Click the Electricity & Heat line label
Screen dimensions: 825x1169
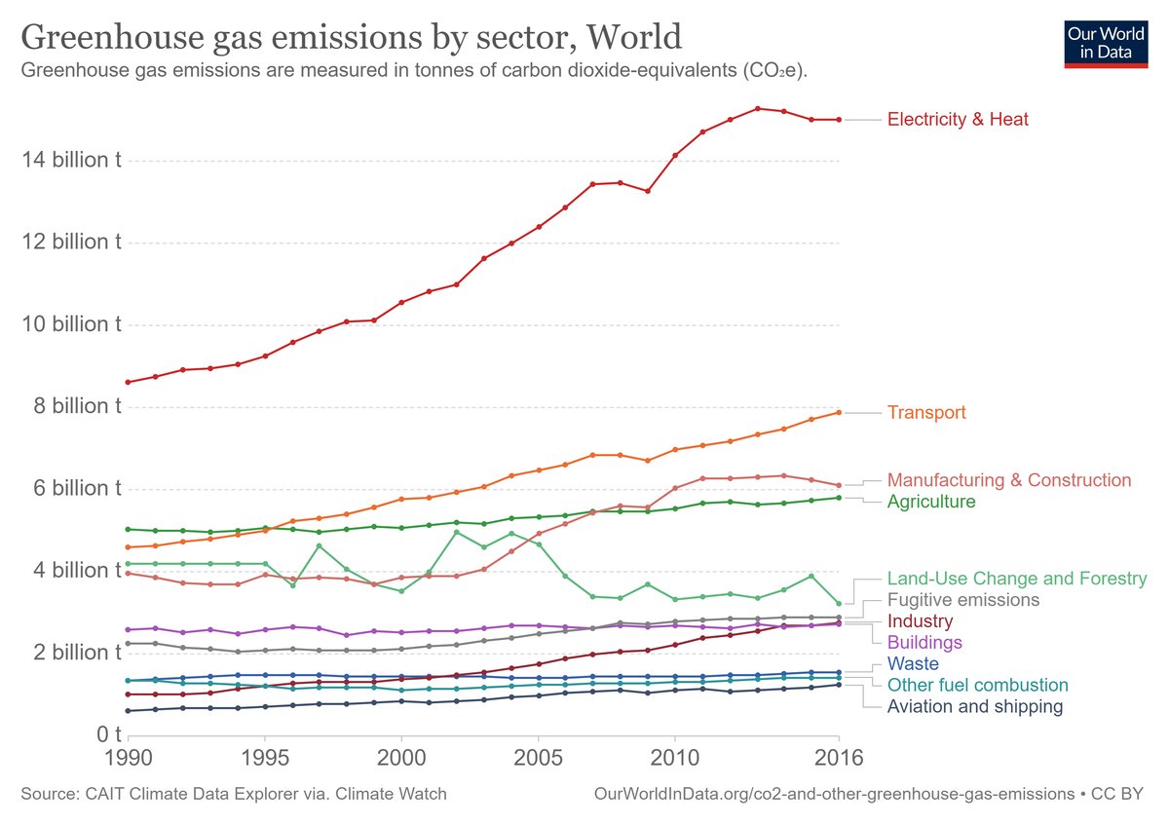coord(958,120)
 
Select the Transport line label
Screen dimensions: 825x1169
coord(925,413)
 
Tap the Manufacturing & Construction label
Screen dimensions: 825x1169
coord(1008,480)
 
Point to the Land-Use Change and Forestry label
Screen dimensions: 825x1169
coord(1016,579)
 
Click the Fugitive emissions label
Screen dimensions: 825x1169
coord(962,600)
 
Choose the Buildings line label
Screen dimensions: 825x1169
coord(924,643)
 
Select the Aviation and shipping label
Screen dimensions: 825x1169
coord(974,707)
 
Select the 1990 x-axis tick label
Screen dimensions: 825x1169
coord(128,759)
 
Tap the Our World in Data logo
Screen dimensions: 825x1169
coord(1106,42)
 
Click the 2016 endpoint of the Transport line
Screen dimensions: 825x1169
coord(838,412)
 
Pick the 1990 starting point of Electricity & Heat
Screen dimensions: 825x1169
coord(128,382)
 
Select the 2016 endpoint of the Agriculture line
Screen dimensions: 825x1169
coord(838,498)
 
